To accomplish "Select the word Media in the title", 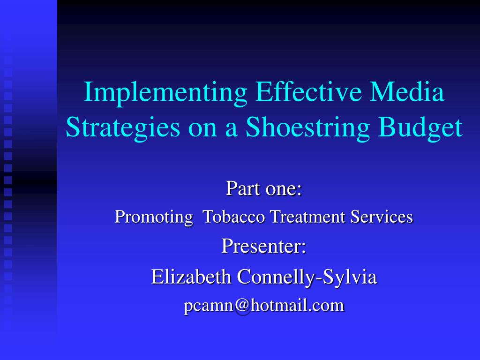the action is click(407, 91).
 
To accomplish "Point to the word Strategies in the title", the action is click(123, 128).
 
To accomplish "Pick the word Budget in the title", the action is click(420, 128).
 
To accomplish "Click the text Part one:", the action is click(263, 188).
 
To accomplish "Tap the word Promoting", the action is click(154, 217).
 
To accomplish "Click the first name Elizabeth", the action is click(191, 277).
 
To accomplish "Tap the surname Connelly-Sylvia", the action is click(307, 277).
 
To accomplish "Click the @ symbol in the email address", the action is click(243, 306).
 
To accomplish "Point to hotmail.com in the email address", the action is click(298, 305).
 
